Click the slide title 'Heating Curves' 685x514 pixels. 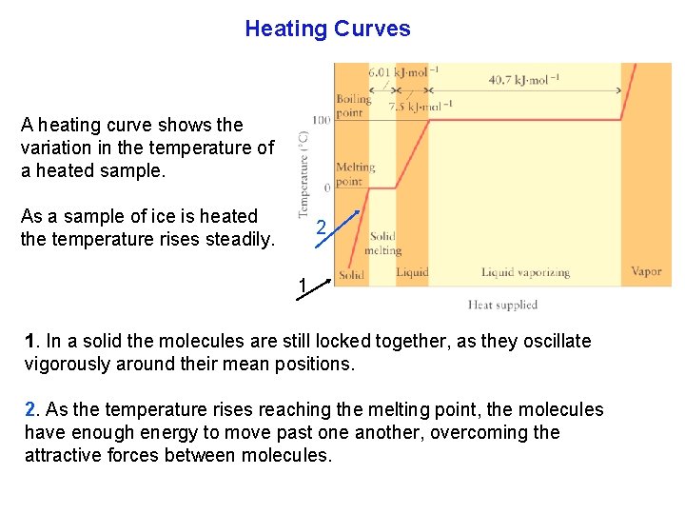click(327, 29)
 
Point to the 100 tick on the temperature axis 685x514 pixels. click(321, 120)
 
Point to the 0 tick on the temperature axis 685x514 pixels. click(326, 188)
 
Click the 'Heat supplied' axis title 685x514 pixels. click(502, 305)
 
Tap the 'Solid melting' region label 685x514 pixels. click(384, 244)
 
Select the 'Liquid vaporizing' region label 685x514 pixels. click(525, 272)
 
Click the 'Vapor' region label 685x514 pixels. click(646, 272)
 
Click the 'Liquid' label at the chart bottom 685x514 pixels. click(412, 272)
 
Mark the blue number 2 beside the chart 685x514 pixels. click(322, 228)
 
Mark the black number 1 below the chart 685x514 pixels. click(302, 286)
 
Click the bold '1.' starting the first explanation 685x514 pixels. click(31, 341)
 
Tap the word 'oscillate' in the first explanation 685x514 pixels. click(556, 341)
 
